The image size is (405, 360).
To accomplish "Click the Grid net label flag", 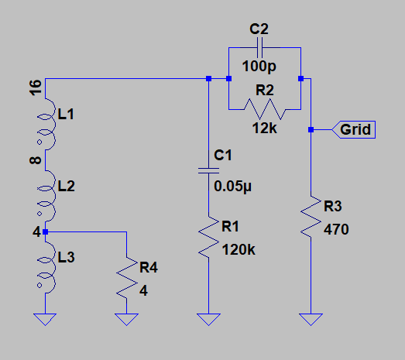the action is pyautogui.click(x=353, y=129).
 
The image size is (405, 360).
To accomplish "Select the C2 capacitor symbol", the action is pyautogui.click(x=259, y=47).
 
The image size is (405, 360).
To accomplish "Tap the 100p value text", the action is pyautogui.click(x=259, y=67).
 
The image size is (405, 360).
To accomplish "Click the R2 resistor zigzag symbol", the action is pyautogui.click(x=265, y=109).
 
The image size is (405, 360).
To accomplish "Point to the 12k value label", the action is pyautogui.click(x=265, y=128).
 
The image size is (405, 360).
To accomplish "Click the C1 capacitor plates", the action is pyautogui.click(x=209, y=170).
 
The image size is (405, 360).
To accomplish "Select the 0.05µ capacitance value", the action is pyautogui.click(x=233, y=187).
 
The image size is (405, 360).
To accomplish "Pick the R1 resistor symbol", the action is pyautogui.click(x=209, y=237).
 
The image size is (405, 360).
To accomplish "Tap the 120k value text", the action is pyautogui.click(x=239, y=250).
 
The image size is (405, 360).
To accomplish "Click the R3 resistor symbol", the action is pyautogui.click(x=311, y=217).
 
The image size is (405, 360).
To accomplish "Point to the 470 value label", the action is pyautogui.click(x=336, y=229).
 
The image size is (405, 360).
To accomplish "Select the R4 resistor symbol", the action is pyautogui.click(x=126, y=278).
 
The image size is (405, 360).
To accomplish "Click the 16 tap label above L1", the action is pyautogui.click(x=36, y=87).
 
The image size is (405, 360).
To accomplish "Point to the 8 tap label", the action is pyautogui.click(x=36, y=160).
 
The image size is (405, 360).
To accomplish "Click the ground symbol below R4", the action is pyautogui.click(x=126, y=320).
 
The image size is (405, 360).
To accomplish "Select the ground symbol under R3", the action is pyautogui.click(x=311, y=320).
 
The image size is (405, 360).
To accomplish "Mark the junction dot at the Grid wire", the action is pyautogui.click(x=311, y=129).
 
